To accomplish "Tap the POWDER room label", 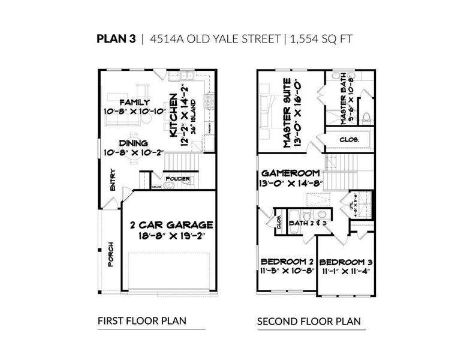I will pyautogui.click(x=179, y=179).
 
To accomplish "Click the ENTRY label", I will pyautogui.click(x=112, y=179).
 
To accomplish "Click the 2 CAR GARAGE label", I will pyautogui.click(x=171, y=225).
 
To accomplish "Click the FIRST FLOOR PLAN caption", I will pyautogui.click(x=141, y=321).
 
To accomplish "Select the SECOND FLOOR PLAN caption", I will pyautogui.click(x=309, y=322).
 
